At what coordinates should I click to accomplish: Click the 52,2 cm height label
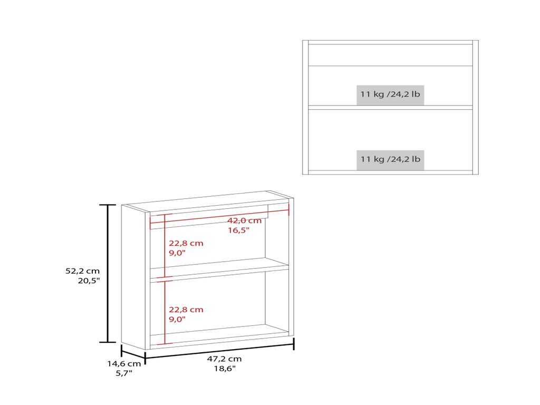coord(83,271)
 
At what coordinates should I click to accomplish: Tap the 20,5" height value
coord(89,281)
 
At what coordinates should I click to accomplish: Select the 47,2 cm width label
coord(224,359)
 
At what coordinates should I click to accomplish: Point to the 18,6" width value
coord(225,369)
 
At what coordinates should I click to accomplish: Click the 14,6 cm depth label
coord(124,364)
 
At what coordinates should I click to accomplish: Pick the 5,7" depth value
coord(124,373)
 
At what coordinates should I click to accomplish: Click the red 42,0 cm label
coord(245,220)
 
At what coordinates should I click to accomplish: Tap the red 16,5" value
coord(238,230)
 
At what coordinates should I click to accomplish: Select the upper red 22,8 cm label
coord(186,243)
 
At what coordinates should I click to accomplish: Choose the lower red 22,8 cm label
coord(186,310)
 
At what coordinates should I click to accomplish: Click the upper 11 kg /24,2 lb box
coord(390,94)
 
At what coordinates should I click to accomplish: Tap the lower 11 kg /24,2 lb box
coord(390,159)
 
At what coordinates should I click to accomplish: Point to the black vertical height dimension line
coord(108,274)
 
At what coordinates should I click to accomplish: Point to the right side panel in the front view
coord(476,108)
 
